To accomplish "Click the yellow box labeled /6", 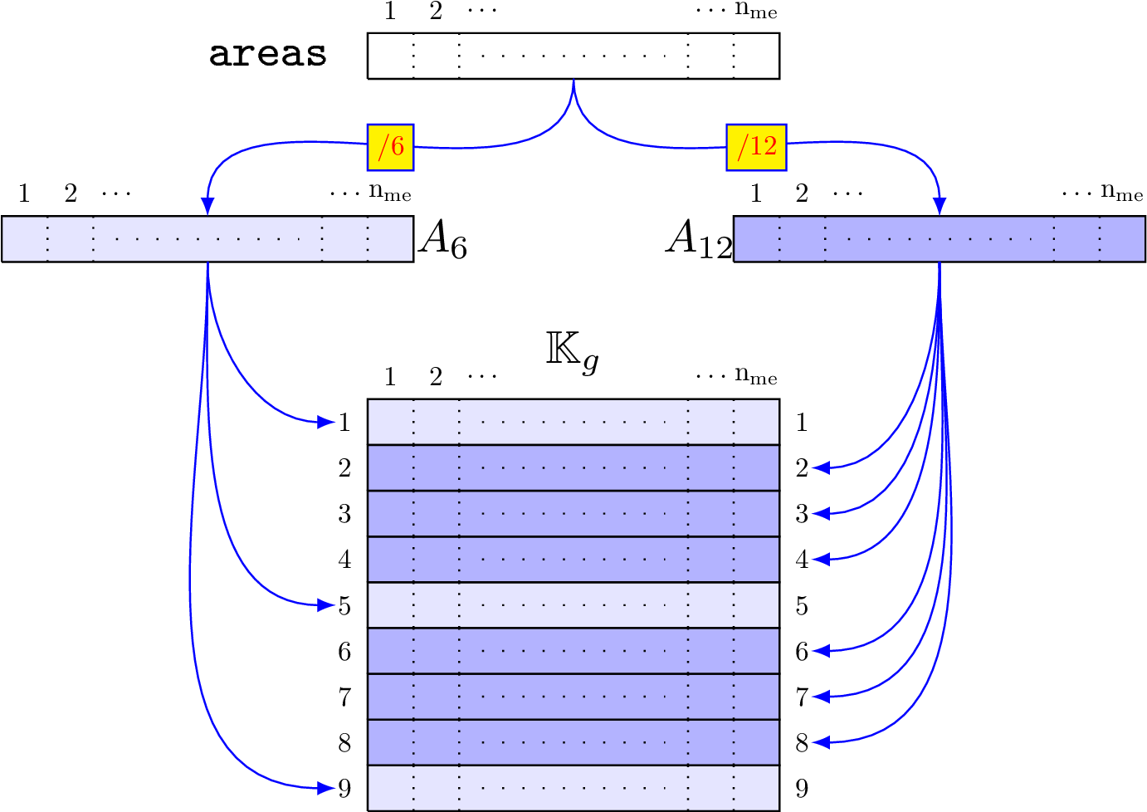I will (x=390, y=147).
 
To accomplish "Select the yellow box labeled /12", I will (x=756, y=147).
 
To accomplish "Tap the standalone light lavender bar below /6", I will (x=207, y=238).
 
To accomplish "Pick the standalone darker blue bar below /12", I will (x=940, y=238).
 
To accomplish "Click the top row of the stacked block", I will (x=573, y=422).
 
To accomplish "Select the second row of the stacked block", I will (x=573, y=467).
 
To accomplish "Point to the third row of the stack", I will (x=573, y=513).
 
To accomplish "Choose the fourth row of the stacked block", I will (x=573, y=559).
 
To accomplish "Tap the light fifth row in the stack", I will (x=573, y=605).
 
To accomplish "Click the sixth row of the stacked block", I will (x=573, y=651).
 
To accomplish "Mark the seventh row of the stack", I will (x=573, y=697).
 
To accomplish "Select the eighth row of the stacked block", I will (x=573, y=742).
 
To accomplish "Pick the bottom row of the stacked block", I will (x=573, y=787).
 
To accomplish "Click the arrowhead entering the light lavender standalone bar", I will (x=207, y=206).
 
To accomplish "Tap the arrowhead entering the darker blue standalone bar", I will (x=940, y=206).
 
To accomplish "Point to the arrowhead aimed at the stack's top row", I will (x=326, y=422).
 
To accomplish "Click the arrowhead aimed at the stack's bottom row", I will (x=326, y=787).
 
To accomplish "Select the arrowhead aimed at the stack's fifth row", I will (x=326, y=605).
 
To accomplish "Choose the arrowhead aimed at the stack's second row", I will (x=821, y=467).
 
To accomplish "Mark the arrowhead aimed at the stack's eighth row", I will (x=821, y=742).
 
